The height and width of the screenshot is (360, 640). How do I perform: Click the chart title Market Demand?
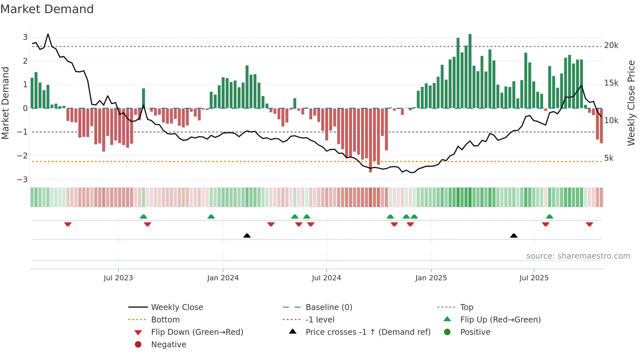[47, 9]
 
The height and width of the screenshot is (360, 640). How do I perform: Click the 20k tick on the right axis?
[611, 45]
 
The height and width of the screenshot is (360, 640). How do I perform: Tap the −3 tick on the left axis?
[22, 179]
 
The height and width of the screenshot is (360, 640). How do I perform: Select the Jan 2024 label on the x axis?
[223, 278]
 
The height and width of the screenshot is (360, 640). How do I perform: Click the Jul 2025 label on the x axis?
[534, 278]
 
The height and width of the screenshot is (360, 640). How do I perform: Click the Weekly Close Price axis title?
[631, 103]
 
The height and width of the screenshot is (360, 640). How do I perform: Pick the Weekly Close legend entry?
[177, 307]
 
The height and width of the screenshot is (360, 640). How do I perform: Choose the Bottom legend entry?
[165, 320]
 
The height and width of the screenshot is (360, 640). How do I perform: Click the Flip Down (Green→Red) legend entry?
[197, 332]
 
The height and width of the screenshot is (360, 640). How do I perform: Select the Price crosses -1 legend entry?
[368, 332]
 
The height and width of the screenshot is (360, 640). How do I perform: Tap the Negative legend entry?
[168, 345]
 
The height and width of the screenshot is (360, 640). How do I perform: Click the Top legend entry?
[467, 307]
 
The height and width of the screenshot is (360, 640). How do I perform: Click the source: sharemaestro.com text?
[578, 256]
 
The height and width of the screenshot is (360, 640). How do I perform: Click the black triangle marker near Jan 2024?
[247, 236]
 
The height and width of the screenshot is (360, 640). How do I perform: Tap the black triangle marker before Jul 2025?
[514, 236]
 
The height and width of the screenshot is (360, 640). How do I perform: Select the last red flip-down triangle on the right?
[589, 224]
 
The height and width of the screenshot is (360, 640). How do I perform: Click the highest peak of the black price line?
[48, 34]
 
